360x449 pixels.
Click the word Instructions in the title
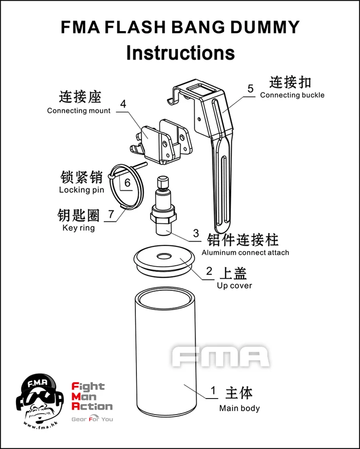pyautogui.click(x=180, y=53)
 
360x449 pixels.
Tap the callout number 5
pyautogui.click(x=250, y=88)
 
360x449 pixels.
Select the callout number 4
pyautogui.click(x=123, y=104)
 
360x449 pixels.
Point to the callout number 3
pyautogui.click(x=196, y=233)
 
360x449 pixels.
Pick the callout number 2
pyautogui.click(x=209, y=271)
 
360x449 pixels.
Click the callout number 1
pyautogui.click(x=213, y=390)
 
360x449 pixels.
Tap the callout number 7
pyautogui.click(x=111, y=214)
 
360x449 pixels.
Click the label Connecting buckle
pyautogui.click(x=292, y=95)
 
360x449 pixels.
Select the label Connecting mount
pyautogui.click(x=79, y=111)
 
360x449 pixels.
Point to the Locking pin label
pyautogui.click(x=82, y=190)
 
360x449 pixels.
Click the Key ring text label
pyautogui.click(x=78, y=228)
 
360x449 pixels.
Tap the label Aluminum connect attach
pyautogui.click(x=245, y=253)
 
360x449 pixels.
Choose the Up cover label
pyautogui.click(x=234, y=286)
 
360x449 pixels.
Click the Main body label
pyautogui.click(x=239, y=408)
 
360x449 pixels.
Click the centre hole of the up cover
pyautogui.click(x=164, y=256)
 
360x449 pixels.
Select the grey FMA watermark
pyautogui.click(x=220, y=357)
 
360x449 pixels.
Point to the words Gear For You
pyautogui.click(x=92, y=419)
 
